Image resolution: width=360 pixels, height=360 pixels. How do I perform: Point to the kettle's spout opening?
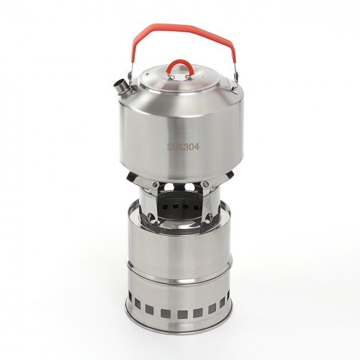click(119, 84)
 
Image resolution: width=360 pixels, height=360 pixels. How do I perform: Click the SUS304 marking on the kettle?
click(183, 146)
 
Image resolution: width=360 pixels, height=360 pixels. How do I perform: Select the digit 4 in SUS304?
click(196, 146)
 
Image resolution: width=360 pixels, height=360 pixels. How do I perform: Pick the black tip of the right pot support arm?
click(230, 176)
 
